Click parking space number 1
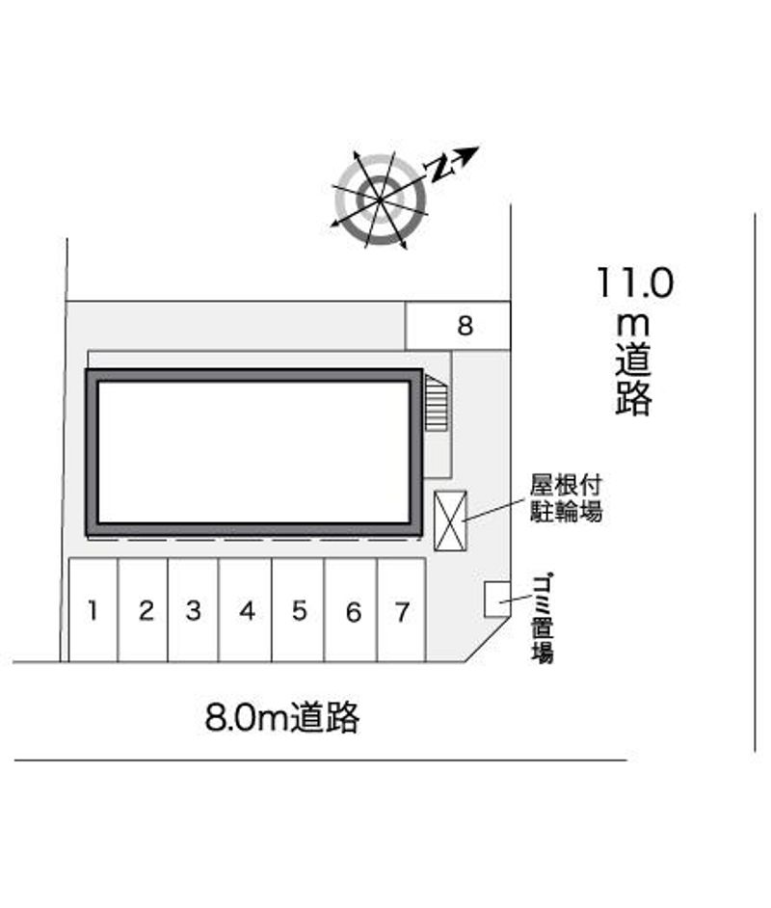click(93, 610)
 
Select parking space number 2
click(143, 610)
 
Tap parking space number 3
click(194, 610)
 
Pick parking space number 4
click(246, 610)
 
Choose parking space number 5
click(298, 610)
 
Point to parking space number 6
click(351, 610)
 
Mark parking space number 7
click(402, 610)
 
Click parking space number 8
click(458, 326)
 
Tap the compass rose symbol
click(381, 200)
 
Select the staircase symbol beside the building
click(437, 403)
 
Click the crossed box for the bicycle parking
click(450, 521)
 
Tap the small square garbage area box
click(497, 599)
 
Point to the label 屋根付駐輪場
click(566, 498)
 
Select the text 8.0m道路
click(282, 717)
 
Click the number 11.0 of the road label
click(635, 282)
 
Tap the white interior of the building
click(254, 452)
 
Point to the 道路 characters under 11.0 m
click(634, 380)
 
